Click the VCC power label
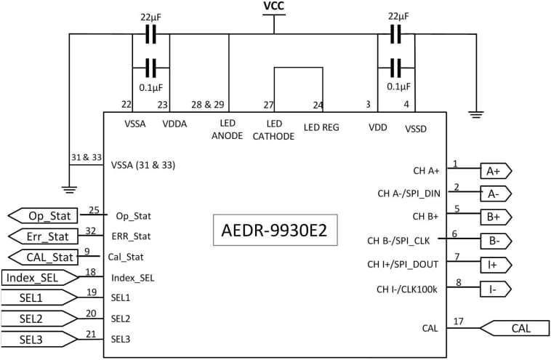(x=275, y=7)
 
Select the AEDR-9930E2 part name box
(x=275, y=232)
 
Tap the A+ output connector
(x=496, y=171)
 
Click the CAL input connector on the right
(x=515, y=328)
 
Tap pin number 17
(x=458, y=321)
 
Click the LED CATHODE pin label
(x=275, y=130)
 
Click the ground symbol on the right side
(x=477, y=114)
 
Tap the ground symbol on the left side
(x=69, y=191)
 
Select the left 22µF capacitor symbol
(x=151, y=34)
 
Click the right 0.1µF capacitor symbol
(x=396, y=68)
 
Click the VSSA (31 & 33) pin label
(x=143, y=165)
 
